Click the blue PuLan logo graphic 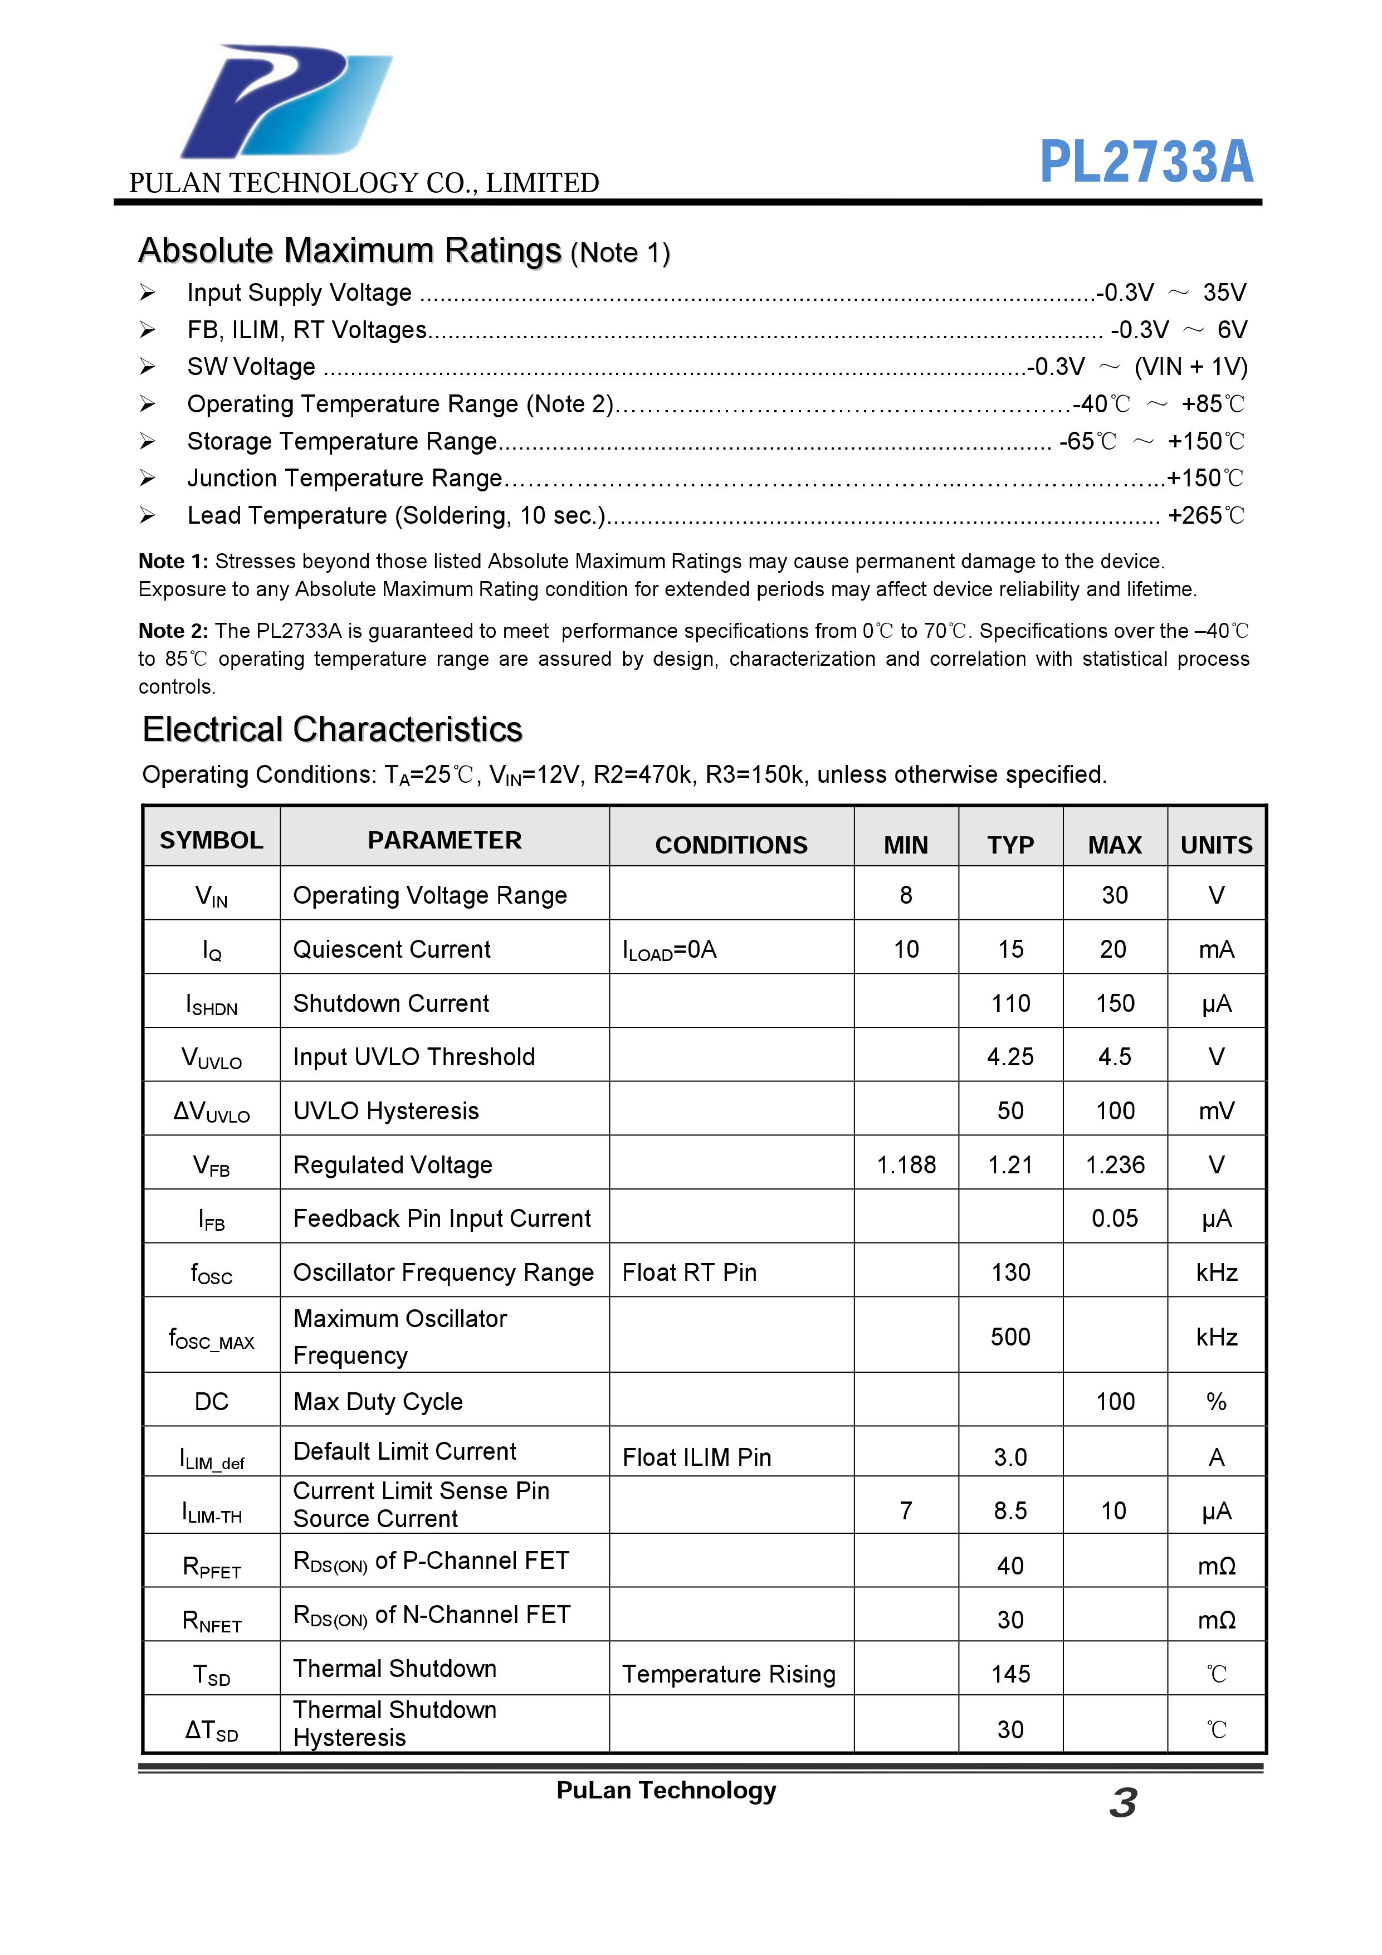point(285,102)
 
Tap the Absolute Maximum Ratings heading point(350,251)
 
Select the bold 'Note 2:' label point(173,631)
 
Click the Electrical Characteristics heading point(332,730)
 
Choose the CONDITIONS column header point(731,845)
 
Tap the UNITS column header point(1216,845)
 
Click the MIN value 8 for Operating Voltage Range point(906,895)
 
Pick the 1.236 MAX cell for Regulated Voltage point(1115,1165)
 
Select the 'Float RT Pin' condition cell point(690,1272)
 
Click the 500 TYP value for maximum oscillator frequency point(1010,1337)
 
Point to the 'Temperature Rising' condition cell point(729,1674)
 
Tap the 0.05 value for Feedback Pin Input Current point(1115,1218)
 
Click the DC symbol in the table point(211,1402)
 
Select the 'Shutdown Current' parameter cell point(391,1003)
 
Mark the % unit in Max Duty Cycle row point(1216,1402)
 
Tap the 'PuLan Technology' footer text point(666,1791)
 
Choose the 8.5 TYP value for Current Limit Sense point(1010,1510)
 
